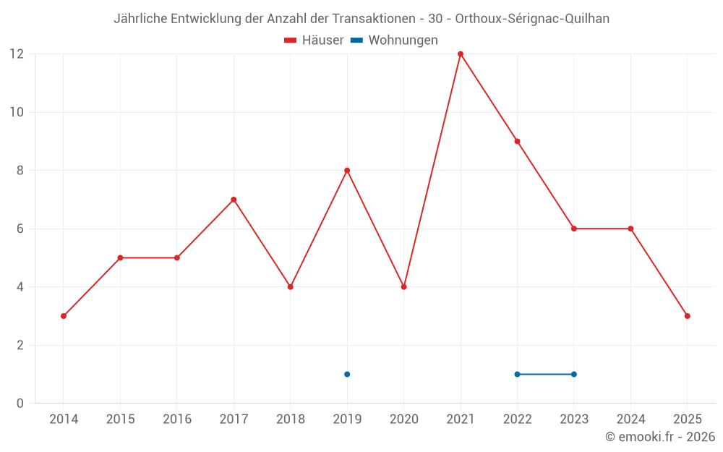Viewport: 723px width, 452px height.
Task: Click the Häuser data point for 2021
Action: point(461,54)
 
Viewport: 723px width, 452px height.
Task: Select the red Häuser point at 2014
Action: point(64,316)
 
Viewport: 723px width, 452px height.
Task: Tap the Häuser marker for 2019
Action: point(347,171)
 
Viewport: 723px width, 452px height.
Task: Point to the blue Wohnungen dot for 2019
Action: point(347,374)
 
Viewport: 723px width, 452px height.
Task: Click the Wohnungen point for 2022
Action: point(517,374)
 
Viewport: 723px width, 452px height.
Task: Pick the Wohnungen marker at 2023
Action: point(574,374)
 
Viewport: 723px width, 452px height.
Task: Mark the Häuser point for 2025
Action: point(687,316)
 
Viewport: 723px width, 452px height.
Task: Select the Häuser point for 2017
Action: point(234,200)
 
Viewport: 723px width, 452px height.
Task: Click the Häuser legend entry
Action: point(314,40)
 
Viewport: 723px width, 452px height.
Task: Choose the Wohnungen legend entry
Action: point(394,40)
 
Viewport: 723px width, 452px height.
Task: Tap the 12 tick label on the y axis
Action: point(17,54)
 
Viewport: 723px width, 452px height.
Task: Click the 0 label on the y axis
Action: point(20,404)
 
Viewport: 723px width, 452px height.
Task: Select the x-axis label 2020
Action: point(403,419)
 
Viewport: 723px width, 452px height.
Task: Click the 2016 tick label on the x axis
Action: point(177,419)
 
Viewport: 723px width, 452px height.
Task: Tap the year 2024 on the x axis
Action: point(630,419)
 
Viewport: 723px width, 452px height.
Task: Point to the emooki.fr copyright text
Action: point(660,437)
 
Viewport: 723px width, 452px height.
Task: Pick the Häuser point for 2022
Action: point(517,142)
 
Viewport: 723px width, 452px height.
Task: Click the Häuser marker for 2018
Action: point(291,287)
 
